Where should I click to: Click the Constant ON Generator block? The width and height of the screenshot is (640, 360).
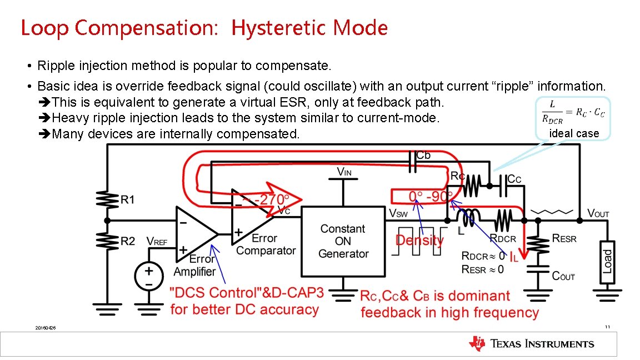click(x=343, y=241)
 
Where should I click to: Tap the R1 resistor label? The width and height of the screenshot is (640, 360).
click(x=128, y=199)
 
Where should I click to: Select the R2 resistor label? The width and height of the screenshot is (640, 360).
click(x=128, y=241)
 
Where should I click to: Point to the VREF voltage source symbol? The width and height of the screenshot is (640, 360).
click(x=148, y=276)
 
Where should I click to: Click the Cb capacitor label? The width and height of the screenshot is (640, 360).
click(x=423, y=155)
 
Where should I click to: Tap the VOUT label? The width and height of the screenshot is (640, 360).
click(x=598, y=214)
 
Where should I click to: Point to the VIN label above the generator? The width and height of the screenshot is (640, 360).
click(x=344, y=172)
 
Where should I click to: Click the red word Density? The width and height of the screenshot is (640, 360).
click(x=419, y=241)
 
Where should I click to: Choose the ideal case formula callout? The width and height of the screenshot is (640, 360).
click(x=573, y=118)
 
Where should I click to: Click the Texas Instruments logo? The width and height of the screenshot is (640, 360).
click(x=532, y=344)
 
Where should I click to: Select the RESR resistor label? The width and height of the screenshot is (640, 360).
click(x=564, y=238)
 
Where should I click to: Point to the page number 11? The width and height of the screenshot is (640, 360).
click(x=607, y=327)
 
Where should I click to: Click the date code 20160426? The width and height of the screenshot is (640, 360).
click(x=45, y=328)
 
